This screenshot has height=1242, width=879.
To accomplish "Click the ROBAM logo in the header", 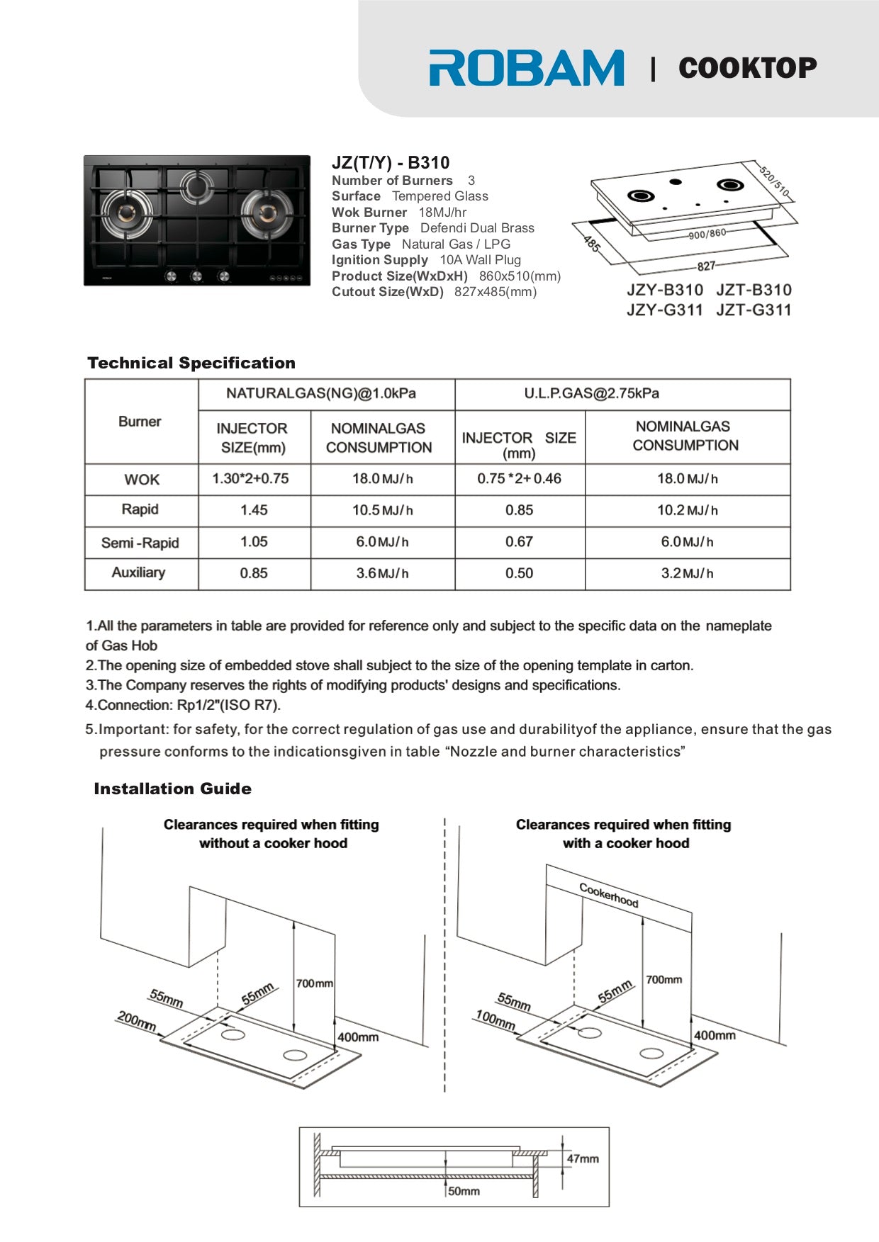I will pyautogui.click(x=526, y=68).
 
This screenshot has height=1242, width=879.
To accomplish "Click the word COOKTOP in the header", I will pyautogui.click(x=747, y=68).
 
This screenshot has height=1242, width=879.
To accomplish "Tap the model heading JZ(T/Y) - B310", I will pyautogui.click(x=391, y=162).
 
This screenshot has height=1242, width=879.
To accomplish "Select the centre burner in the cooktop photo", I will pyautogui.click(x=196, y=186).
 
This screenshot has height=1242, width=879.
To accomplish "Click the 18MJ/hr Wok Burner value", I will pyautogui.click(x=442, y=213).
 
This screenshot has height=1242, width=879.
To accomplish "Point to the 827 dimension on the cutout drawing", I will pyautogui.click(x=706, y=266).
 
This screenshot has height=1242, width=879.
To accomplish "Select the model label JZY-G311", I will pyautogui.click(x=664, y=310).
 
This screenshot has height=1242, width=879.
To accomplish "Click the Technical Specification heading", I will pyautogui.click(x=191, y=363).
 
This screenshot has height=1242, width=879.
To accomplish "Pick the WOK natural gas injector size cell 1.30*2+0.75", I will pyautogui.click(x=250, y=479).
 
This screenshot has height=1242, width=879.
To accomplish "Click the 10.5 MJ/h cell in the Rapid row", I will pyautogui.click(x=382, y=510).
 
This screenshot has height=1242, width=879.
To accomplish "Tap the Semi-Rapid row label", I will pyautogui.click(x=140, y=543).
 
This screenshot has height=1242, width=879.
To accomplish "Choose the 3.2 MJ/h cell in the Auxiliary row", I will pyautogui.click(x=687, y=573).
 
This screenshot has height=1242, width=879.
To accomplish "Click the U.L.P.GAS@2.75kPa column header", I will pyautogui.click(x=591, y=393).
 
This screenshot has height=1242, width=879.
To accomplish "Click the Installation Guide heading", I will pyautogui.click(x=172, y=789).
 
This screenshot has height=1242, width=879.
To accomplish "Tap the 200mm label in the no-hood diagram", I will pyautogui.click(x=136, y=1021).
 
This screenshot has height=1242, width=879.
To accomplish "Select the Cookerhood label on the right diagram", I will pyautogui.click(x=609, y=895).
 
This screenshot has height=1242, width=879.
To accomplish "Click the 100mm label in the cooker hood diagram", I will pyautogui.click(x=495, y=1020).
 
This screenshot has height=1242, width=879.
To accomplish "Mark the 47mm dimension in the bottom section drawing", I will pyautogui.click(x=583, y=1158).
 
